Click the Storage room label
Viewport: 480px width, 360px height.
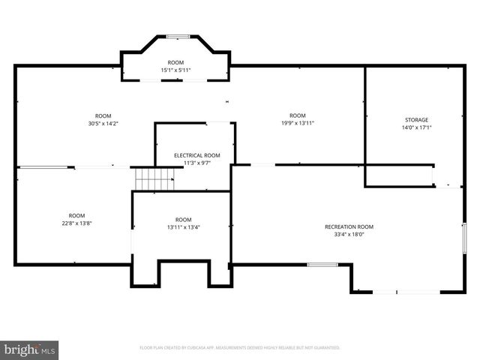point(416,120)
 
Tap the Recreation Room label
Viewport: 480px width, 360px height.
point(349,226)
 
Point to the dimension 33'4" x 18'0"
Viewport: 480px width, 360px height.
point(349,234)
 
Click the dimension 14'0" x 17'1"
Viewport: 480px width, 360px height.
point(416,127)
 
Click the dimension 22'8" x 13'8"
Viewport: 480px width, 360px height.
point(76,223)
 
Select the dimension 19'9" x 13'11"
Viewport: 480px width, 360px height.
point(298,123)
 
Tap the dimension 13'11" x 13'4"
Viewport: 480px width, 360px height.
point(183,227)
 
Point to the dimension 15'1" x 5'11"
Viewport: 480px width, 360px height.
point(175,70)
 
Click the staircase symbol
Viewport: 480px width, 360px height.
point(154,179)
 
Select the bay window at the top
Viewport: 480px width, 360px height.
point(177,35)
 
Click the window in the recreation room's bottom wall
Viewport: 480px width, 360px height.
point(321,264)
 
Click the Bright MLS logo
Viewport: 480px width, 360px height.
point(30,349)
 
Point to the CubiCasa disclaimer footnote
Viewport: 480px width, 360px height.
point(240,348)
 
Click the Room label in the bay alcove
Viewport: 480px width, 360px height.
point(175,63)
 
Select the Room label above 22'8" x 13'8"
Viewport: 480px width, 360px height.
point(76,215)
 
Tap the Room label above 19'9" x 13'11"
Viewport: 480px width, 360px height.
point(298,115)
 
